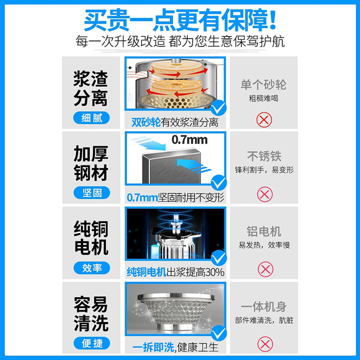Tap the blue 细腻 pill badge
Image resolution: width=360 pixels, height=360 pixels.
click(x=91, y=118)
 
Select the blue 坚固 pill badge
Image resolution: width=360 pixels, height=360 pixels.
click(x=92, y=193)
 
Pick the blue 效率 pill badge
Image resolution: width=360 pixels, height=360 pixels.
click(x=92, y=268)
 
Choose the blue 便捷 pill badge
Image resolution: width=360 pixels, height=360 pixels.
click(x=92, y=343)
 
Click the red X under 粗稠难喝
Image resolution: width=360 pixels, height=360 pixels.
click(x=264, y=120)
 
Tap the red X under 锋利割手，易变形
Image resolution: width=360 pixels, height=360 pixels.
click(x=265, y=194)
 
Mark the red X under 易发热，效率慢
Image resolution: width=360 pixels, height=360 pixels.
click(x=265, y=269)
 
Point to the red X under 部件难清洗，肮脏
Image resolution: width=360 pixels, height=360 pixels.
click(x=265, y=344)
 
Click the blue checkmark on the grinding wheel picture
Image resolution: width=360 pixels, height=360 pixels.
click(x=218, y=108)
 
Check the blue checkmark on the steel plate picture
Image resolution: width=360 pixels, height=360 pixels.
click(x=219, y=183)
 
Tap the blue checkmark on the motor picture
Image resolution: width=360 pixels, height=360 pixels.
click(x=219, y=257)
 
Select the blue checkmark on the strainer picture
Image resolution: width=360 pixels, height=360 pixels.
click(x=219, y=333)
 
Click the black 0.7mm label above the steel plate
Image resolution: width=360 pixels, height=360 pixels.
click(x=189, y=139)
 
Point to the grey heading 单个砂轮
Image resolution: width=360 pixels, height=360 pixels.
click(x=263, y=85)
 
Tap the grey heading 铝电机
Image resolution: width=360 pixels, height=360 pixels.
click(x=264, y=231)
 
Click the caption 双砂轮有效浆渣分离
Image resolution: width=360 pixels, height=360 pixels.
click(x=175, y=122)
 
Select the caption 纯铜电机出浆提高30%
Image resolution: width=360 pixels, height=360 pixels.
click(x=175, y=272)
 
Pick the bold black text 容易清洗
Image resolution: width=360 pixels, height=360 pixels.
click(x=91, y=314)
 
